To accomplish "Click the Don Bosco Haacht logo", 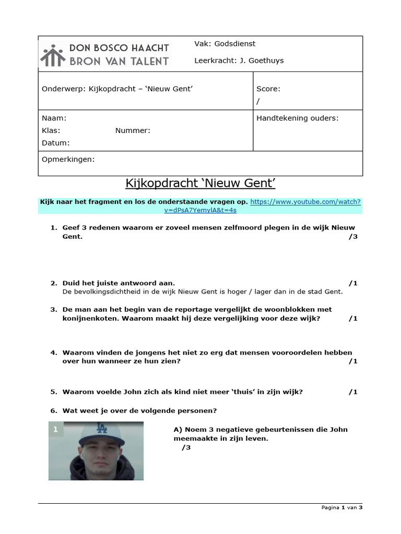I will point(105,54).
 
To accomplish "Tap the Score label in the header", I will point(268,89).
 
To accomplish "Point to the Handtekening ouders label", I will point(297,118).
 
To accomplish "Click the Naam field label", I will point(54,118).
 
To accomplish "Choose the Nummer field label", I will point(133,130).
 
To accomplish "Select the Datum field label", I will point(55,143).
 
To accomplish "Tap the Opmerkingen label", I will point(68,159).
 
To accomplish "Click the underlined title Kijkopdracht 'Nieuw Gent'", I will point(200,183).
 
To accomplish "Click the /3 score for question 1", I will point(352,237).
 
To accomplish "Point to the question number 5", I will point(53,392).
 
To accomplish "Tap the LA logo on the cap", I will point(101,429).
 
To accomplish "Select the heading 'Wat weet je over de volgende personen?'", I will point(139,410).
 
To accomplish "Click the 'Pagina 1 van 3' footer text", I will point(341,507).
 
